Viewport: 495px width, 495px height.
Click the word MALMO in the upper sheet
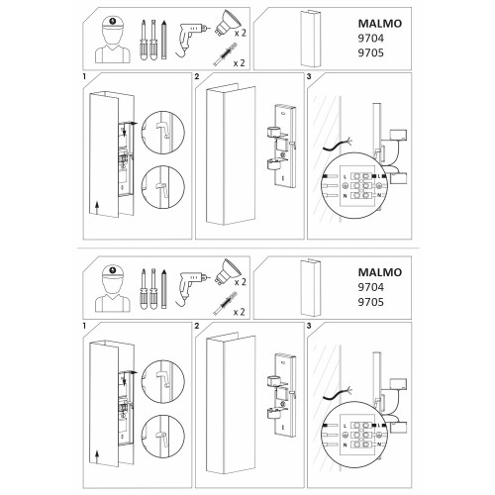pyautogui.click(x=380, y=24)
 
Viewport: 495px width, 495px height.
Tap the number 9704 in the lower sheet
pyautogui.click(x=371, y=287)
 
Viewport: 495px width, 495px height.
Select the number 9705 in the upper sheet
pyautogui.click(x=371, y=52)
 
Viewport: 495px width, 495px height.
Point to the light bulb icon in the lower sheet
pyautogui.click(x=227, y=271)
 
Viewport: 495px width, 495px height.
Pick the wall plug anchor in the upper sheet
pyautogui.click(x=226, y=56)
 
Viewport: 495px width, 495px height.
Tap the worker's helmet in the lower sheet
pyautogui.click(x=113, y=272)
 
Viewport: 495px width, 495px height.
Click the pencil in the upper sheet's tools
pyautogui.click(x=164, y=40)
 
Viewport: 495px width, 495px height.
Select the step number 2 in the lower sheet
pyautogui.click(x=197, y=326)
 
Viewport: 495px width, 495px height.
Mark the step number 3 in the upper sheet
pyautogui.click(x=309, y=77)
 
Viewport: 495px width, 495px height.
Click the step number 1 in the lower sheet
pyautogui.click(x=84, y=326)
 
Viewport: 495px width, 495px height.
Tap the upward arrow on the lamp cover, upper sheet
pyautogui.click(x=97, y=209)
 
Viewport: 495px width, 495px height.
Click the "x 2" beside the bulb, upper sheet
pyautogui.click(x=240, y=33)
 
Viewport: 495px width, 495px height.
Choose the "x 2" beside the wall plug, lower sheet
pyautogui.click(x=240, y=312)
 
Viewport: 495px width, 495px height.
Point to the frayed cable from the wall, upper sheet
pyautogui.click(x=338, y=146)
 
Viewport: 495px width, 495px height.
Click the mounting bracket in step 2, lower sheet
pyautogui.click(x=282, y=395)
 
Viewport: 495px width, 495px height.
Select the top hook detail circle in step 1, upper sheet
pyautogui.click(x=163, y=133)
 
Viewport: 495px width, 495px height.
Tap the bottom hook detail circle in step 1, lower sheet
pyautogui.click(x=163, y=437)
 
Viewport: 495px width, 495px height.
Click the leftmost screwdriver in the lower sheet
pyautogui.click(x=144, y=289)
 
